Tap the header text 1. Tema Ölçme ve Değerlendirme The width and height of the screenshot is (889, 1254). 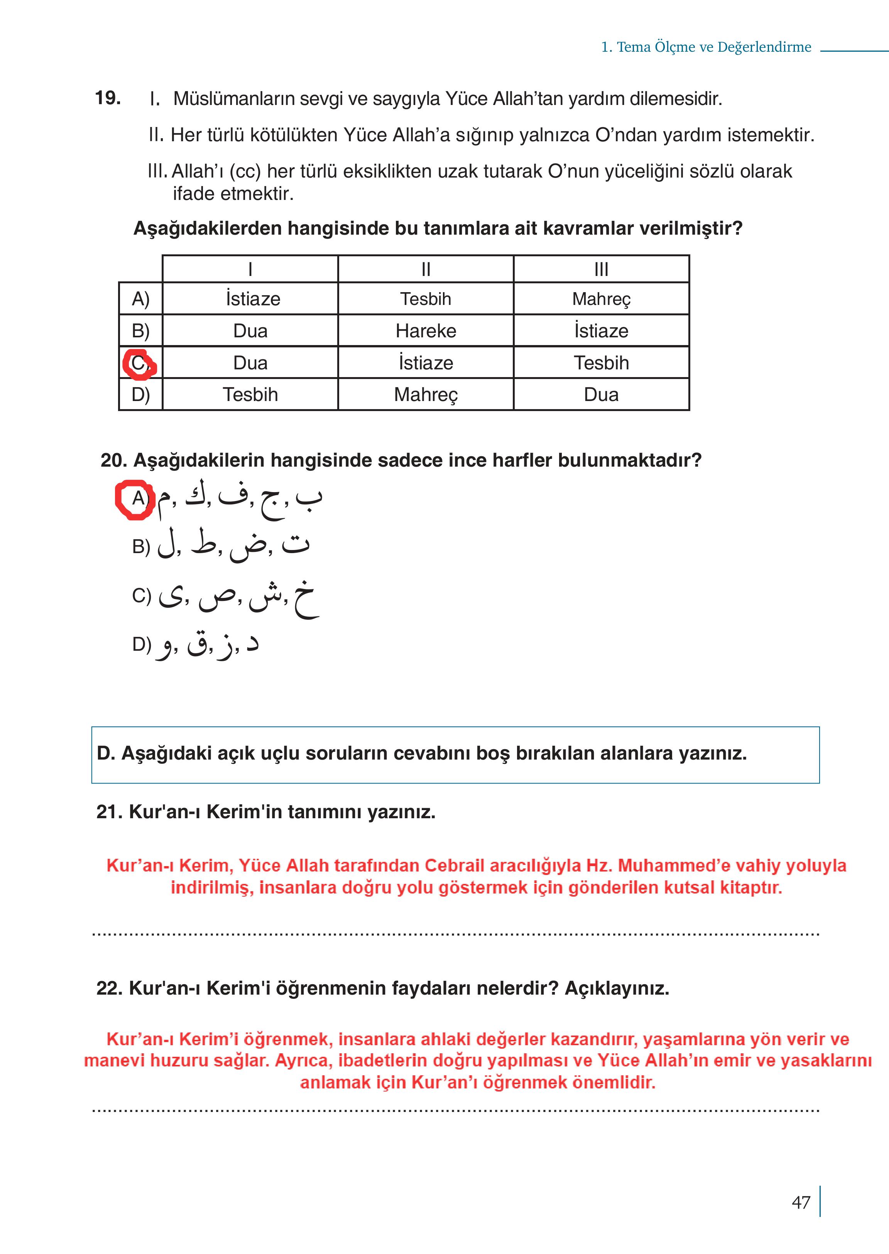point(706,47)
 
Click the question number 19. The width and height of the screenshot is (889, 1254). point(108,98)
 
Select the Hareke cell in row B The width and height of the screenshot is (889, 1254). point(426,331)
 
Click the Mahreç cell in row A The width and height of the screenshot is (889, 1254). point(601,299)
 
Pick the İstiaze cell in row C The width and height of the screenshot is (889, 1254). point(426,362)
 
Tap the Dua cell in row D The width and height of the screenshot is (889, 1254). point(601,394)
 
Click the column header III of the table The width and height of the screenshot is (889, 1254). point(601,269)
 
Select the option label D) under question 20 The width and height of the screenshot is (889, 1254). point(141,645)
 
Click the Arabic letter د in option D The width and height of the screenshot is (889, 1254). point(252,644)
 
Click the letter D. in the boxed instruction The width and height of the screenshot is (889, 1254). point(106,753)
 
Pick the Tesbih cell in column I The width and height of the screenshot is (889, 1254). point(250,394)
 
